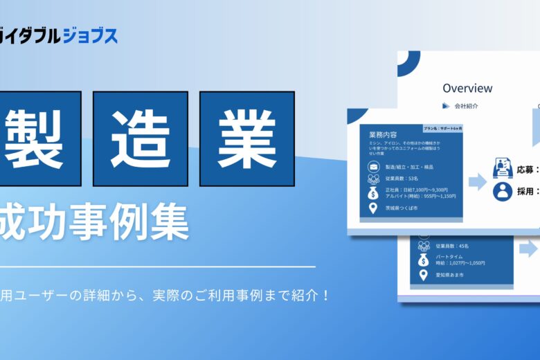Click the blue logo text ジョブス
[91, 35]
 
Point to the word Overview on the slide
[467, 88]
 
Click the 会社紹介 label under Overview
[466, 106]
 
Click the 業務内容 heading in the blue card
[383, 134]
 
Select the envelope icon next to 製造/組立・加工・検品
[374, 167]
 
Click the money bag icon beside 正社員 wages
[374, 192]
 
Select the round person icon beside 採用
[502, 191]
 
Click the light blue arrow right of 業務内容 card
[478, 182]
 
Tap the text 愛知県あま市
[453, 276]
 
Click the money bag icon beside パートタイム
[423, 260]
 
